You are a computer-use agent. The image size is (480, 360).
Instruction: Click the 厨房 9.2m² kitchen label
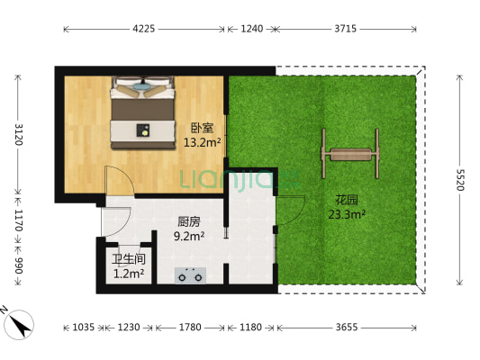click(188, 229)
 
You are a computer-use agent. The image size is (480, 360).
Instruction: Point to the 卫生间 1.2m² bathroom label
click(130, 267)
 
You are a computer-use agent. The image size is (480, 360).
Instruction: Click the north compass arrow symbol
click(20, 319)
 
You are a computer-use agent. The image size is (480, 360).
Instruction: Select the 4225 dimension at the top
click(144, 29)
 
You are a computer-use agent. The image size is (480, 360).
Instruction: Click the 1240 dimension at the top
click(252, 29)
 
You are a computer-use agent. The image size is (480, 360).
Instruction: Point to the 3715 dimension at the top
click(346, 29)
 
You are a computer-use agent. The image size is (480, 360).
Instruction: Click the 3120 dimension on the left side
click(16, 134)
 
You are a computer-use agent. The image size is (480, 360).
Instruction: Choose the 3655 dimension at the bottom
click(346, 328)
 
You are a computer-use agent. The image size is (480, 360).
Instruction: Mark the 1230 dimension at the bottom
click(128, 328)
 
